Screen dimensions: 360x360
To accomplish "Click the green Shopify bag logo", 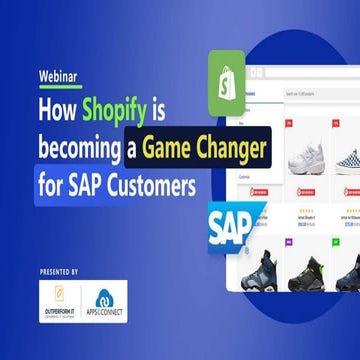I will point(226,74).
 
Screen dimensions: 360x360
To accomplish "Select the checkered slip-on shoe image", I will point(346,155).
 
